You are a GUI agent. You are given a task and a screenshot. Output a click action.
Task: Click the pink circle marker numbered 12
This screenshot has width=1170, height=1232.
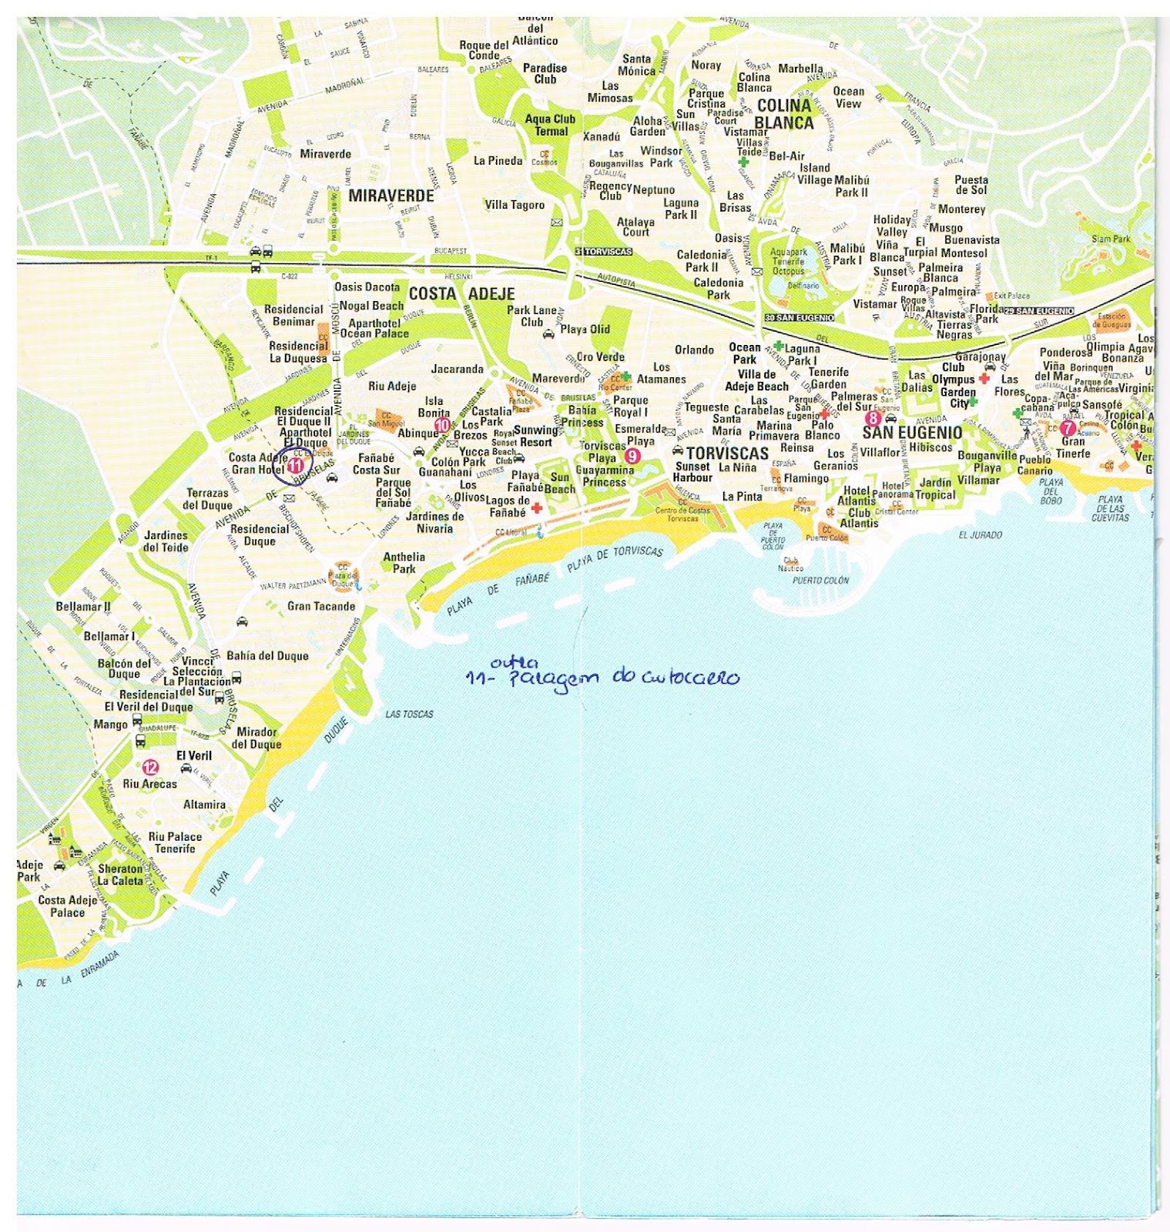tap(149, 767)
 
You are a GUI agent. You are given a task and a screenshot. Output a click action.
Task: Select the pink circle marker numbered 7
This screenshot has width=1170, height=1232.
tap(1068, 428)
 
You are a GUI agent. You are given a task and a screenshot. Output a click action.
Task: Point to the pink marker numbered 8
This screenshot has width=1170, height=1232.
tap(872, 418)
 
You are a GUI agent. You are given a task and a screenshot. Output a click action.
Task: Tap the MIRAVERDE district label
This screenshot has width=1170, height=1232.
tap(391, 196)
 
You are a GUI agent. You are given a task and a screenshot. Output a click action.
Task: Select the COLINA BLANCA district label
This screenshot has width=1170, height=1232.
tap(784, 113)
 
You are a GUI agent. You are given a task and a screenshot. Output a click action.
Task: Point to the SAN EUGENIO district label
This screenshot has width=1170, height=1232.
tap(912, 433)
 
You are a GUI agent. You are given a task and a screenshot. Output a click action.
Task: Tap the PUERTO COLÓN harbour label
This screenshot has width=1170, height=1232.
tap(820, 580)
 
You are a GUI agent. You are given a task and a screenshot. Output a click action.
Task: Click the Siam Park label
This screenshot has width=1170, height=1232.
tap(1111, 239)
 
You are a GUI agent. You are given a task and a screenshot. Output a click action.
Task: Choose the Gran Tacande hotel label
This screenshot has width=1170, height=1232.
tap(321, 606)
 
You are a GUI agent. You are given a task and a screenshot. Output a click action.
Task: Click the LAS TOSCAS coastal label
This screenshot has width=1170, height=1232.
tap(409, 714)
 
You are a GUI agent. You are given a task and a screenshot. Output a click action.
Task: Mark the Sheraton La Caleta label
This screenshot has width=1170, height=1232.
tap(120, 875)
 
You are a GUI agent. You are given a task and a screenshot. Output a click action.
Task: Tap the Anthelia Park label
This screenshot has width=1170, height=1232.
tap(404, 563)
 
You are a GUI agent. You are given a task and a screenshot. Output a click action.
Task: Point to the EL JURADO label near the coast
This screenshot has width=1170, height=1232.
tap(981, 534)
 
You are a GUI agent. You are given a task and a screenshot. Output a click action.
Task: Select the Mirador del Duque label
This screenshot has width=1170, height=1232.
tap(256, 738)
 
